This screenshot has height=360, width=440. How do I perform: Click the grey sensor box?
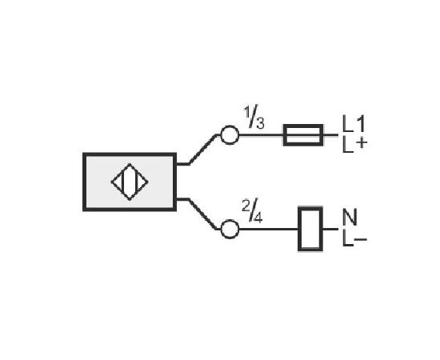pos(130,182)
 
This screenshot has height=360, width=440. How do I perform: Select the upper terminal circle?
pos(230,135)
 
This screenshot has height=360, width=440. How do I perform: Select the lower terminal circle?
pos(230,229)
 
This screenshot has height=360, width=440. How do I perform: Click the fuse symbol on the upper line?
pos(303,135)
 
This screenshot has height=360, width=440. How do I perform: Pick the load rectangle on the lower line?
pos(310,229)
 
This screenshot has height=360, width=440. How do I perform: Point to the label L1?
pos(354,124)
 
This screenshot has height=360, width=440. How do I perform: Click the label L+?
pos(354,145)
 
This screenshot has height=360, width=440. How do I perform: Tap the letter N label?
pos(350,217)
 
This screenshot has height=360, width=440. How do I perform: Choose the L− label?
pos(354,238)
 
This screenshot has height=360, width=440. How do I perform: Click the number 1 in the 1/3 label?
pos(247,112)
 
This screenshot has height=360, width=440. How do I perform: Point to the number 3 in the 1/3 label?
pos(260,123)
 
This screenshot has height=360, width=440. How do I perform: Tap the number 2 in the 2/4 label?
pos(246,206)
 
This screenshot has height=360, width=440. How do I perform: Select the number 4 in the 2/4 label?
pos(258,218)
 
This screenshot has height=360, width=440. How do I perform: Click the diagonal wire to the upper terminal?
pos(202,150)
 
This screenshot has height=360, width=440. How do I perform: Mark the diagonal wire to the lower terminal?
pos(202,214)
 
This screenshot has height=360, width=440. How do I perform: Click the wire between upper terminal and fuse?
pos(261,135)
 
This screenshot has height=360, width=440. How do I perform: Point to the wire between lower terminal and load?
pos(269,229)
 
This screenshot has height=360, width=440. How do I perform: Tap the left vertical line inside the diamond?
pos(123,182)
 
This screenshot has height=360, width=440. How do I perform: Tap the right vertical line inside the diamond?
pos(136,182)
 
